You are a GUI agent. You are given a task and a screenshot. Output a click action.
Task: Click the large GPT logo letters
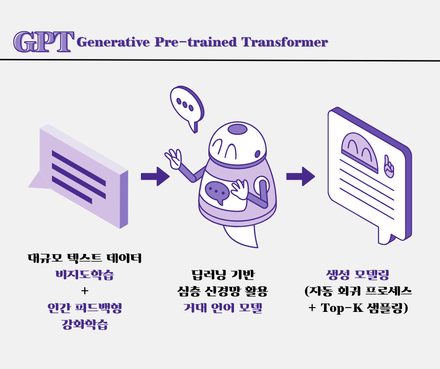(x=43, y=42)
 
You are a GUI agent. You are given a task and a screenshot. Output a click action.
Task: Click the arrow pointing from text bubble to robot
(x=155, y=176)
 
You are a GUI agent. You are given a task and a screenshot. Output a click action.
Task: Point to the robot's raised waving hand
(x=173, y=159)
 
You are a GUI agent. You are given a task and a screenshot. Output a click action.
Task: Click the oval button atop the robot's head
(x=237, y=129)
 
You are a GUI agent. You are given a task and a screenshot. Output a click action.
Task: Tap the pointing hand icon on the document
(x=388, y=165)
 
